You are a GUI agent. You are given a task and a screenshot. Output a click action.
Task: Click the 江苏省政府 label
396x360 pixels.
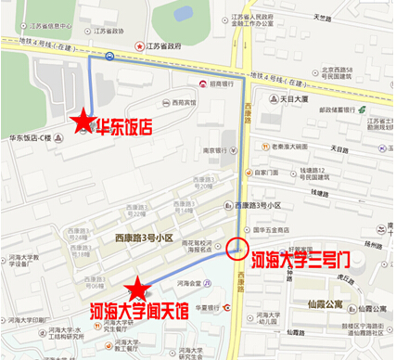click(168, 45)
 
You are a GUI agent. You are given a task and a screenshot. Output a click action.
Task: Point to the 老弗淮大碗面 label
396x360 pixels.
click(289, 147)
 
